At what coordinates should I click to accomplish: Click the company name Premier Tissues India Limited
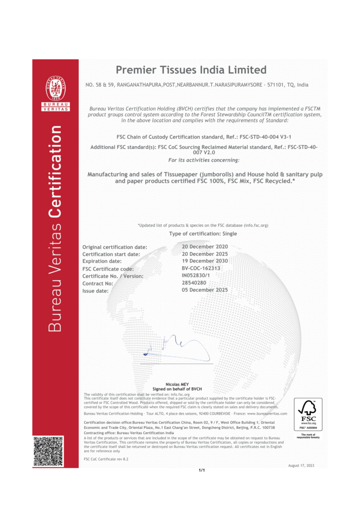191,70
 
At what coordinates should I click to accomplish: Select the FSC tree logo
308,412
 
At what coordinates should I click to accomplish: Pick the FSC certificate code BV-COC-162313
201,268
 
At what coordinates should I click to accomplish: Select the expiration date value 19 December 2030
205,261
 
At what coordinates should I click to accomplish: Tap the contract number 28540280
195,283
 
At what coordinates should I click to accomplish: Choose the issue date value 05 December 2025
205,290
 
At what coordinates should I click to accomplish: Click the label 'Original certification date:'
115,247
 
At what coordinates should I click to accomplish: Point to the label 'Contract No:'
98,284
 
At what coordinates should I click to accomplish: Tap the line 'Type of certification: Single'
202,233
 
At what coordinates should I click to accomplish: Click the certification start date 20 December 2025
205,254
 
